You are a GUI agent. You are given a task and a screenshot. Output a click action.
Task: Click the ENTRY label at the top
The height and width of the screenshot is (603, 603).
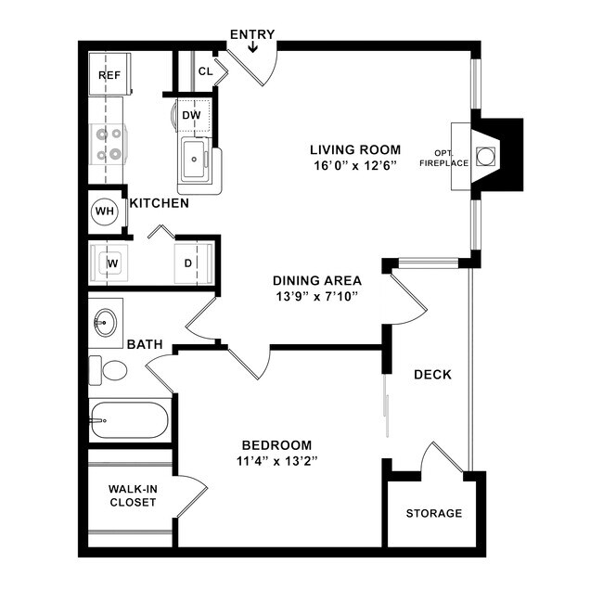252,34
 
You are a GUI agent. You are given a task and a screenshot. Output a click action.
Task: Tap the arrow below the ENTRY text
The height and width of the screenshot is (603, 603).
252,47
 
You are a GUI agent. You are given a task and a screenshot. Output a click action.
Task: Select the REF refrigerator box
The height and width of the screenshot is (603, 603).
109,75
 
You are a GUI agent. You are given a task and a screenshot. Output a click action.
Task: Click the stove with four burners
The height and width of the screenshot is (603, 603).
109,144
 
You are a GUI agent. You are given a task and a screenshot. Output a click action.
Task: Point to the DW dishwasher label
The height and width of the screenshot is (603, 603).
192,115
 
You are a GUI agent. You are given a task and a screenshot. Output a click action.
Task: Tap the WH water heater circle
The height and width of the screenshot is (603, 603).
105,212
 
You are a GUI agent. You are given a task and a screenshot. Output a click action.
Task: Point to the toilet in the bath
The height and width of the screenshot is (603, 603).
109,370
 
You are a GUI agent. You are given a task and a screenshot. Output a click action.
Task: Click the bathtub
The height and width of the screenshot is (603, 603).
130,423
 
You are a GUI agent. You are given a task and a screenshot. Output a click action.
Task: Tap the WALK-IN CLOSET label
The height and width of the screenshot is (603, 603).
132,495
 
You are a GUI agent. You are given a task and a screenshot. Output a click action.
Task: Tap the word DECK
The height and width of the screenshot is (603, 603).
432,375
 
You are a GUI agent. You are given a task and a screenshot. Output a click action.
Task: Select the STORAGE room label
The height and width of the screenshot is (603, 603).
433,513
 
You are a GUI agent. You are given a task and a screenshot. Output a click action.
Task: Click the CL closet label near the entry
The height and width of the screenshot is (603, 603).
205,71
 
